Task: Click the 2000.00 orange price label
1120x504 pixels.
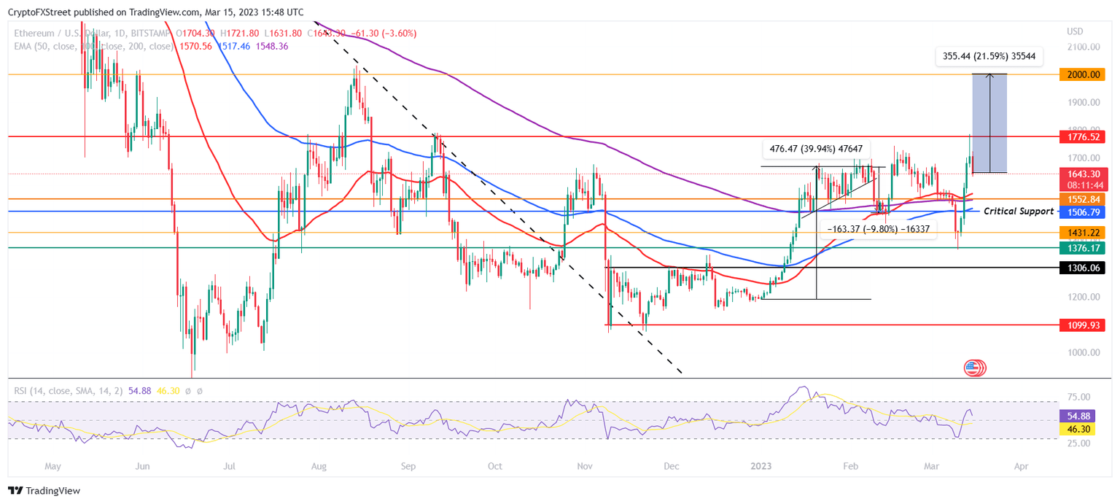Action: click(x=1084, y=74)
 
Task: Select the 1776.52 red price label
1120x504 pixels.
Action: click(x=1084, y=136)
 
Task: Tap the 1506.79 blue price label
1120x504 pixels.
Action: click(x=1084, y=212)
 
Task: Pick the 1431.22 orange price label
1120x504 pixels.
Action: click(x=1084, y=232)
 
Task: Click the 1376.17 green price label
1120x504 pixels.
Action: click(x=1084, y=248)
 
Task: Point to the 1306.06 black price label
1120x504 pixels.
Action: click(x=1084, y=268)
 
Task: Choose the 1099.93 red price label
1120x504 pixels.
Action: click(x=1084, y=325)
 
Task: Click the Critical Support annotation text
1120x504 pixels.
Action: click(x=1019, y=211)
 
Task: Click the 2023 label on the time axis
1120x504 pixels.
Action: click(x=761, y=465)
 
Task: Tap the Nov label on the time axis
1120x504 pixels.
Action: click(x=584, y=465)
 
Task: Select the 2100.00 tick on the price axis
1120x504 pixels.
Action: click(x=1083, y=47)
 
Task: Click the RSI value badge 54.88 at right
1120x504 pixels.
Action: click(x=1083, y=415)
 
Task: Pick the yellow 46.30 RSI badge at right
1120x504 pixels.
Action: click(x=1083, y=430)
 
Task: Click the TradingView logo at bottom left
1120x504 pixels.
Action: click(x=44, y=491)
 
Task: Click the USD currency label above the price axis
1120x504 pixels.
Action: click(x=1075, y=31)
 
